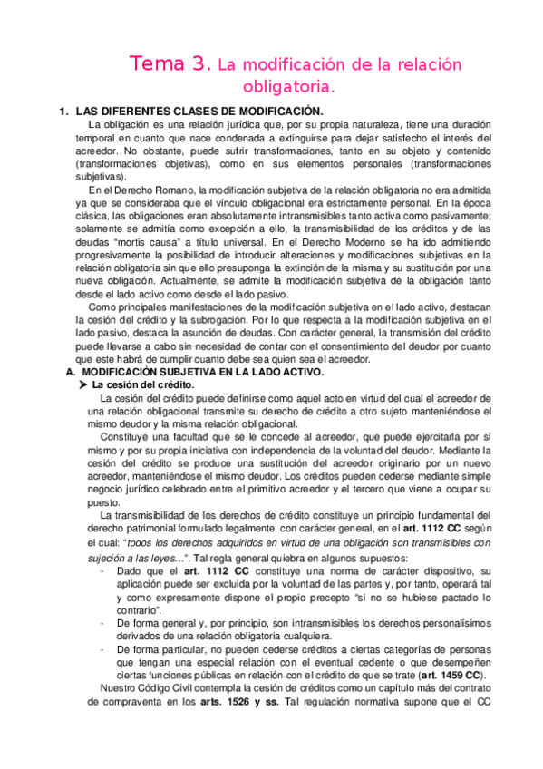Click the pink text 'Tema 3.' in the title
(x=170, y=64)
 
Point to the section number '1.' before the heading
(x=63, y=111)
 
